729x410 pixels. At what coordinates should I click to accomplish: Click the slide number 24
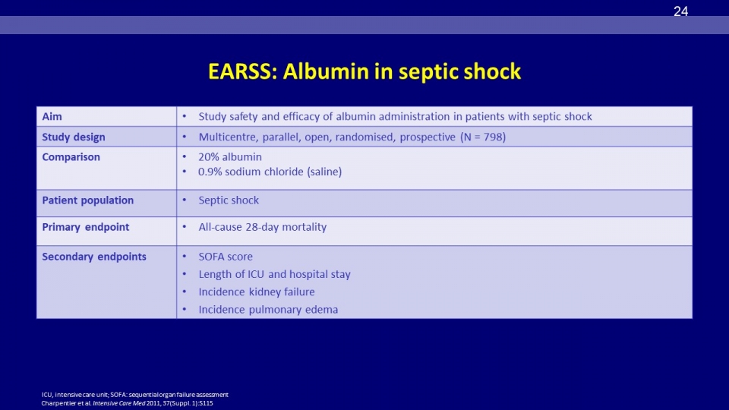[x=680, y=11]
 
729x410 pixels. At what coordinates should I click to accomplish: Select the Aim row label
[x=52, y=117]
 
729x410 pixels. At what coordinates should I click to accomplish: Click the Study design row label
[x=74, y=137]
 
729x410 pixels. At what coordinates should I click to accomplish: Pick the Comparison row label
[x=71, y=157]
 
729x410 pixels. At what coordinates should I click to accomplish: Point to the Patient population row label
[x=87, y=200]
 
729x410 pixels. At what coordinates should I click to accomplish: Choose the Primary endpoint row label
[x=86, y=227]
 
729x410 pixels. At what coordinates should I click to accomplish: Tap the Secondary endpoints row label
[x=94, y=257]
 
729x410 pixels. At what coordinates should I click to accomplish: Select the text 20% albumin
[x=229, y=157]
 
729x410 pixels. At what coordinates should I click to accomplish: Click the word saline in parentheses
[x=324, y=172]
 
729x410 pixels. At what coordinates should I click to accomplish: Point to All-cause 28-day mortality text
[x=262, y=227]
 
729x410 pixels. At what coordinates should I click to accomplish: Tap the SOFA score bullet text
[x=226, y=257]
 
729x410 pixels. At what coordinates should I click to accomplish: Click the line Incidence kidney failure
[x=256, y=292]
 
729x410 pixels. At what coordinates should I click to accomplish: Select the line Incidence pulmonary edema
[x=268, y=310]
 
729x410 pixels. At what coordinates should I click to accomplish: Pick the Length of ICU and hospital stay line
[x=274, y=274]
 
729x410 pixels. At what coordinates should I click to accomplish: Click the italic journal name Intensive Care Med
[x=119, y=403]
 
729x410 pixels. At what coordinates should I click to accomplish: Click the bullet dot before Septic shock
[x=185, y=200]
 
